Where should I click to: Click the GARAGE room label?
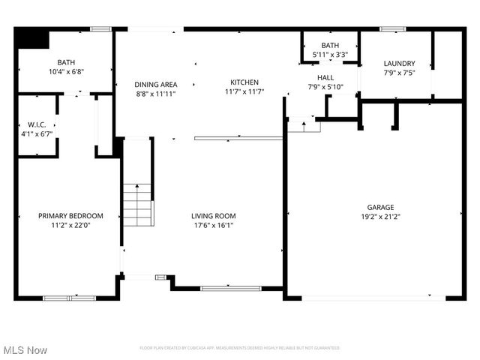[x=380, y=207]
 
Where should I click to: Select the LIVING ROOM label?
[x=214, y=216]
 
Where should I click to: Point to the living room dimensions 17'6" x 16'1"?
[x=214, y=225]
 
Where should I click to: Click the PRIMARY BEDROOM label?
[x=70, y=216]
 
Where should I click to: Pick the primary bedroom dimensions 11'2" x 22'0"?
[x=70, y=225]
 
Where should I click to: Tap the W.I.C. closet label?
[x=36, y=124]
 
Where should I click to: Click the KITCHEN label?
[x=244, y=82]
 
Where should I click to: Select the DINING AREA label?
[x=156, y=85]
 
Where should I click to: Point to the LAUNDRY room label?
[x=399, y=64]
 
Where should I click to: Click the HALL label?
[x=325, y=77]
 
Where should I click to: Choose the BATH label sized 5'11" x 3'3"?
[x=330, y=46]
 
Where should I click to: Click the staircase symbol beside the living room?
[x=137, y=205]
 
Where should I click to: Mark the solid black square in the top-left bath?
[x=31, y=38]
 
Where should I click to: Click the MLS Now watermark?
[x=25, y=350]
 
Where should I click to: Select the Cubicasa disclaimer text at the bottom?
[x=240, y=348]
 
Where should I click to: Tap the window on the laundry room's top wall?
[x=392, y=29]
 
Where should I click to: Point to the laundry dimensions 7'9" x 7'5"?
[x=399, y=73]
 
